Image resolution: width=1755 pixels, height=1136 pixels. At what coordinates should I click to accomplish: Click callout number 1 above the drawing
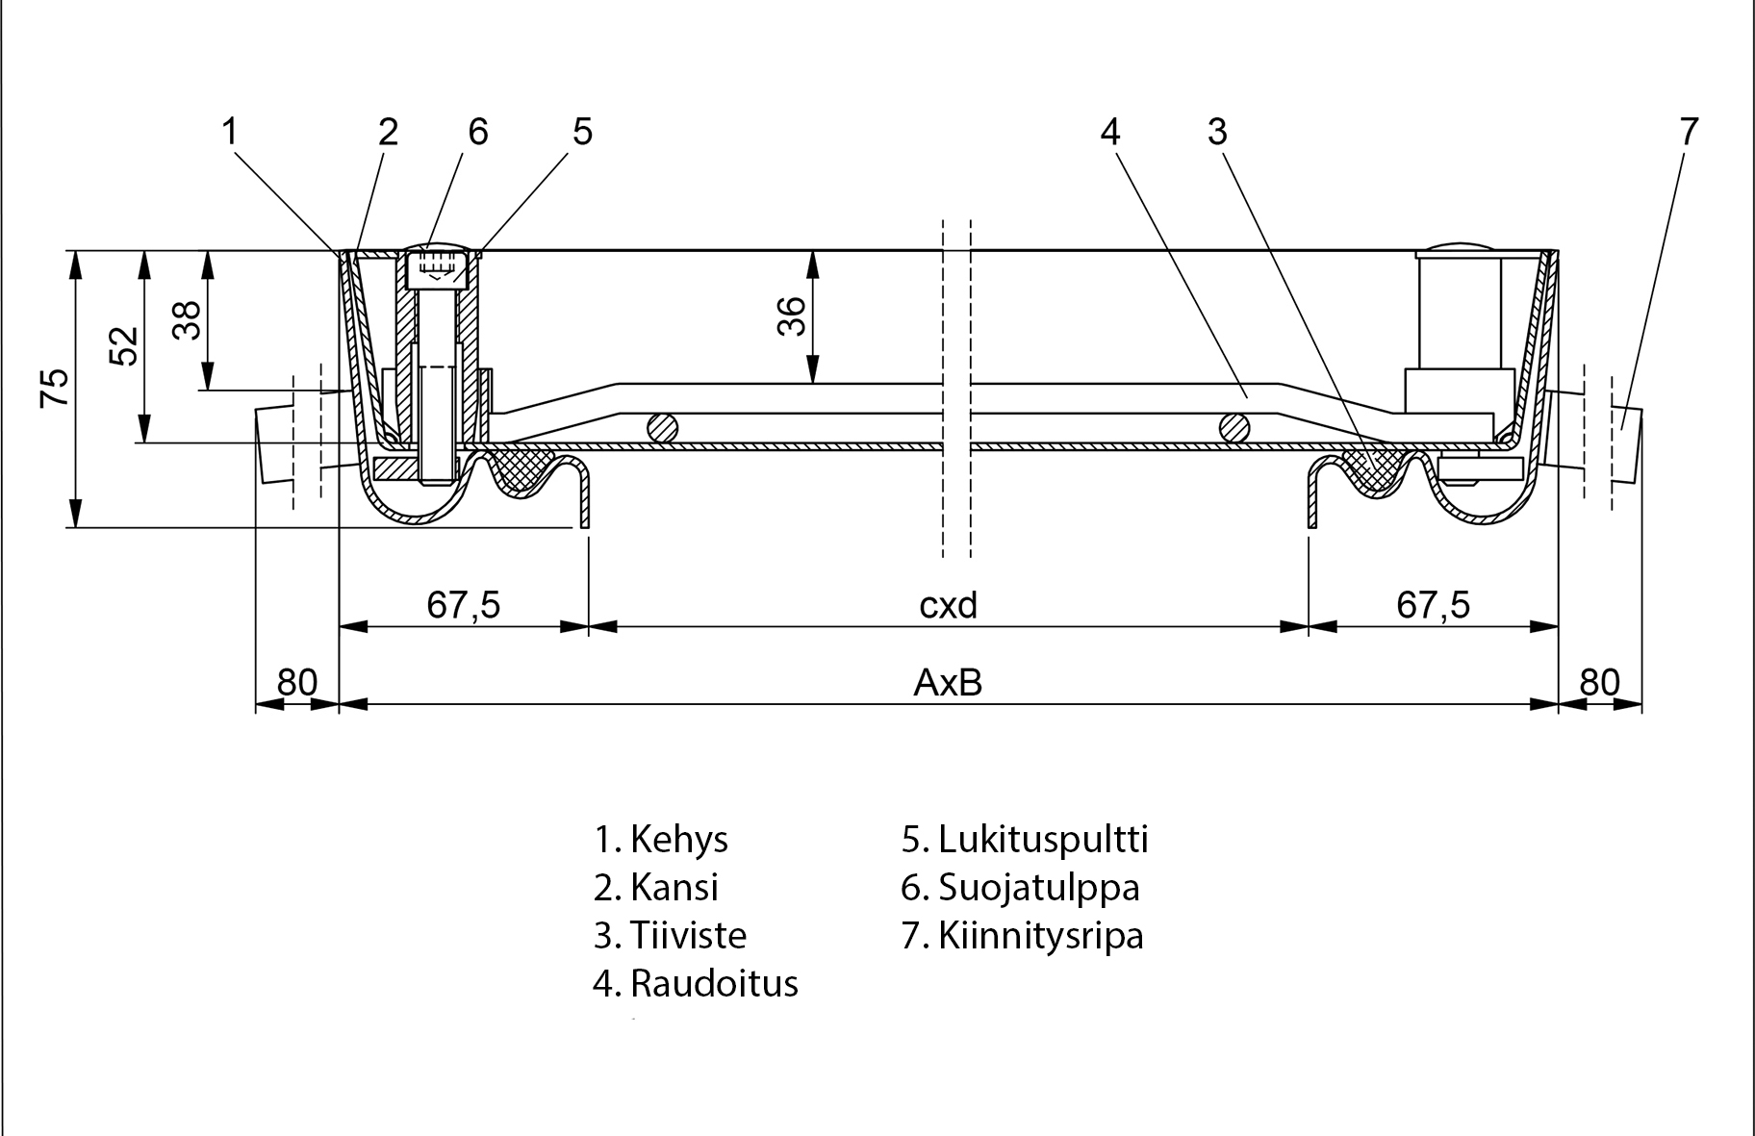pos(229,132)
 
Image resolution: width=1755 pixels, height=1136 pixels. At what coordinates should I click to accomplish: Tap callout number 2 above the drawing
pos(388,132)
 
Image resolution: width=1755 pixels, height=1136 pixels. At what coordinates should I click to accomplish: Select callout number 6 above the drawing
pos(478,132)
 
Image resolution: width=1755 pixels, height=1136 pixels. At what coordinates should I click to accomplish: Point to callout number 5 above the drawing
pos(583,132)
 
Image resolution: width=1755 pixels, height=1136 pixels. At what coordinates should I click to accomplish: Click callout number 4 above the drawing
pos(1110,132)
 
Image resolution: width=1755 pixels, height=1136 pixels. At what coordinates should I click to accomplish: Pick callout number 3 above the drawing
pos(1217,132)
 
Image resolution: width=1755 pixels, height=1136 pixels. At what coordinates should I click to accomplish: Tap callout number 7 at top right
pos(1689,132)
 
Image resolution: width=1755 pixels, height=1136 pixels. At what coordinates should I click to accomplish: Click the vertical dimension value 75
pos(56,388)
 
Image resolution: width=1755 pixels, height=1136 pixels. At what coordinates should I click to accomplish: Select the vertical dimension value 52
pos(125,346)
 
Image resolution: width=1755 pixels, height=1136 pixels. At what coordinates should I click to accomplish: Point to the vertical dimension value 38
pos(188,320)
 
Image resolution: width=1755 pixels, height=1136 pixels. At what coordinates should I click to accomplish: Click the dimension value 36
pos(791,316)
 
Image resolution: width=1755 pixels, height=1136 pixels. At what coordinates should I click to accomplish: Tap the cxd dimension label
pos(948,605)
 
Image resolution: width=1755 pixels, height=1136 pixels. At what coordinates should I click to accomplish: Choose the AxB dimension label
pos(948,683)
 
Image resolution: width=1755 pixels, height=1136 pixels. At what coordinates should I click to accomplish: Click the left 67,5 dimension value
pos(464,605)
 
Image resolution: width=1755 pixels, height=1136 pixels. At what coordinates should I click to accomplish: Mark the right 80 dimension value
pos(1599,682)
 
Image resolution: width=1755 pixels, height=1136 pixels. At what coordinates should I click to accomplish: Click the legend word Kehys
pos(678,840)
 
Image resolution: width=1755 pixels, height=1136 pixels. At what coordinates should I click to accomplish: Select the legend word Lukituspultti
pos(1043,840)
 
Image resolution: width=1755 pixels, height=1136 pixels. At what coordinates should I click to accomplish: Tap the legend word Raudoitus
pos(714,984)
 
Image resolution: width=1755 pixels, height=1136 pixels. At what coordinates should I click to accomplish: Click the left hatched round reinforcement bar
pos(661,427)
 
